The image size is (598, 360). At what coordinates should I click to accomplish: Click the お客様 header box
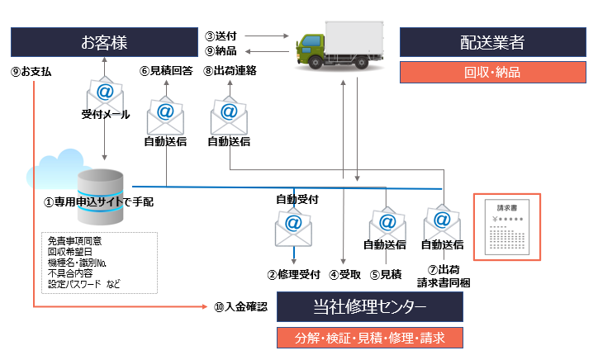(x=104, y=42)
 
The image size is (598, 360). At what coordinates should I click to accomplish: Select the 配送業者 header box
(x=491, y=42)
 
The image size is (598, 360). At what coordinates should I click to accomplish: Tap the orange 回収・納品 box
(x=491, y=72)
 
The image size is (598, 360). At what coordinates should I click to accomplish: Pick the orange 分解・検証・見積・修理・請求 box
(x=369, y=338)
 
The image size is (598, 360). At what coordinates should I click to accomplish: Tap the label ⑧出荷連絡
(x=230, y=71)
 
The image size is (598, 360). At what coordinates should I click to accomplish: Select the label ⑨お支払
(x=32, y=72)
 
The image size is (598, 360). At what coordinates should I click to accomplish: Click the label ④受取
(x=344, y=274)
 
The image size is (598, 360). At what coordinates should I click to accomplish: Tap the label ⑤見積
(x=385, y=274)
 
